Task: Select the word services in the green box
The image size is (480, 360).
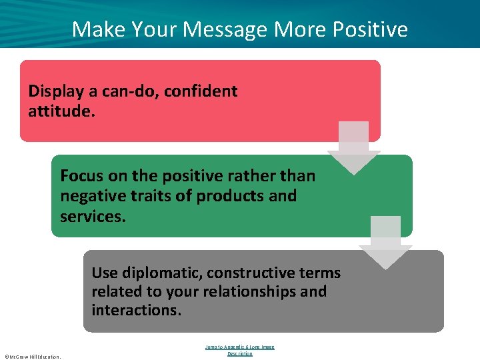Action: (91, 215)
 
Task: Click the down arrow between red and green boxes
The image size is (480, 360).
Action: (353, 147)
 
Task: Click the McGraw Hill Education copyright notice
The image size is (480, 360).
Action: (33, 357)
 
